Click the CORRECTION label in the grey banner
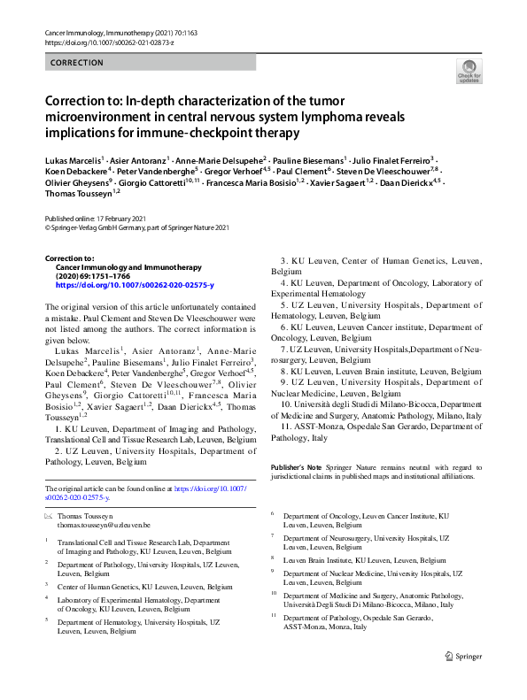(x=78, y=63)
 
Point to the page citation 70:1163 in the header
(x=174, y=31)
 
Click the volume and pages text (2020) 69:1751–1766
(x=98, y=275)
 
